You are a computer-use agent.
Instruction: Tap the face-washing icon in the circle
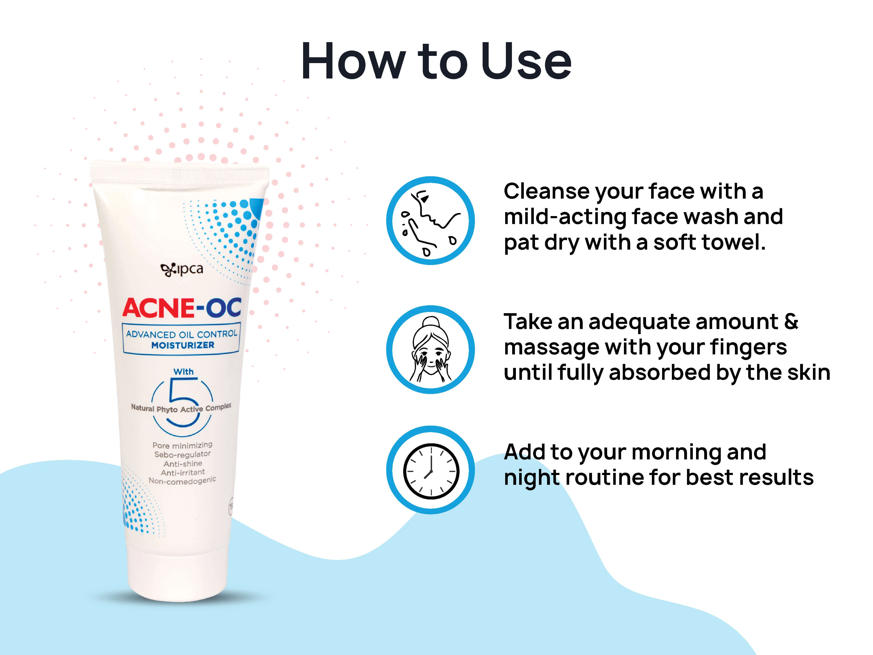[431, 221]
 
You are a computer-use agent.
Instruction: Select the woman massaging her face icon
[431, 350]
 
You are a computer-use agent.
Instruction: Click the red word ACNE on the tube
[158, 308]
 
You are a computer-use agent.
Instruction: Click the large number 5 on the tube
[182, 403]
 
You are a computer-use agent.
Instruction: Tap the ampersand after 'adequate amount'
[791, 321]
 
